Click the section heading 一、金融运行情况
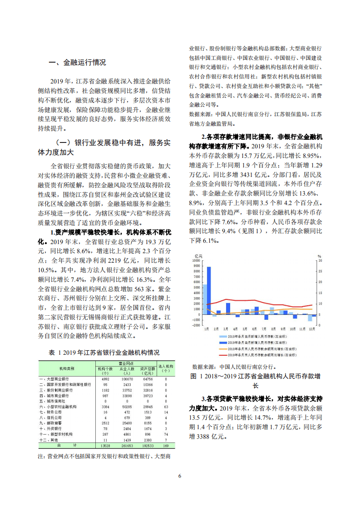(77, 63)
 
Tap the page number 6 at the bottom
(180, 476)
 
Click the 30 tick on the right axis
(320, 261)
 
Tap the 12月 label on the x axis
(311, 328)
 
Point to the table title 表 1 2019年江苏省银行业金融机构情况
(104, 352)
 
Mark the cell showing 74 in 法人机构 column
(166, 435)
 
